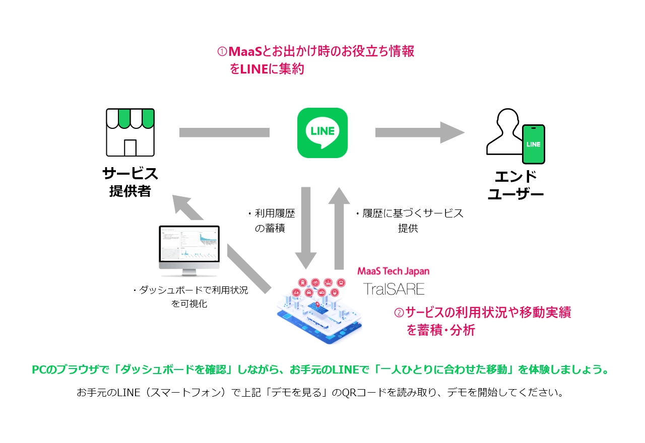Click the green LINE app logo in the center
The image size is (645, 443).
coord(322,132)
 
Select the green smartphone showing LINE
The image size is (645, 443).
coord(533,144)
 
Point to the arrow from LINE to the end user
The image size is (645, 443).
coord(419,132)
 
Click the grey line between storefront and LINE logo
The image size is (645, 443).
coord(224,132)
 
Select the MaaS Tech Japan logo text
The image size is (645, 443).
coord(393,271)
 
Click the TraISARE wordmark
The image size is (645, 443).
coord(395,289)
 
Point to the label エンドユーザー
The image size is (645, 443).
coord(515,185)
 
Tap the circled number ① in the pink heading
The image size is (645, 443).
coord(222,52)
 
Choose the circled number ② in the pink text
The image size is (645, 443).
coord(399,313)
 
